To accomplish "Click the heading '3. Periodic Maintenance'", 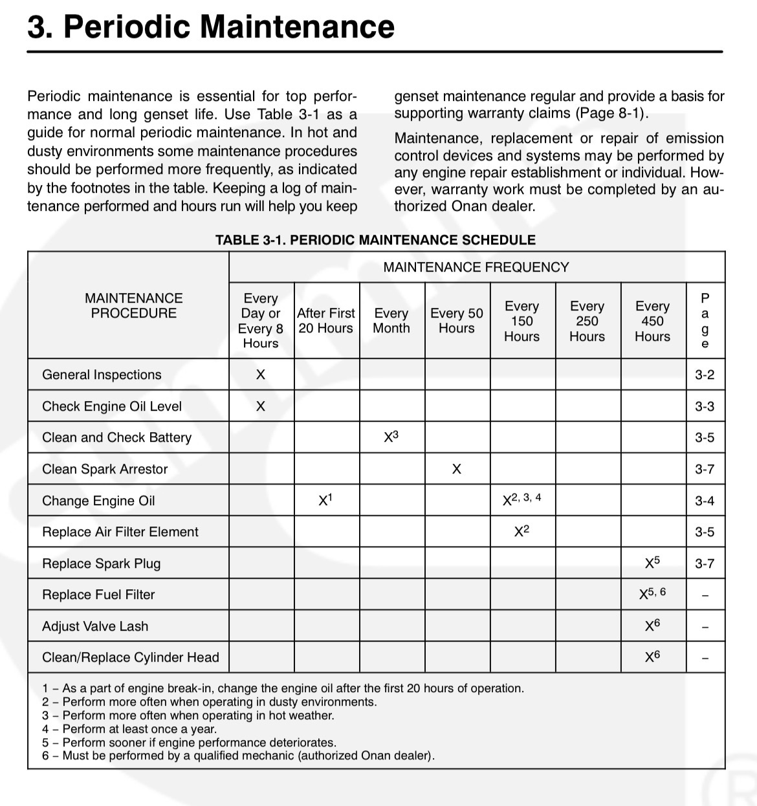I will coord(211,27).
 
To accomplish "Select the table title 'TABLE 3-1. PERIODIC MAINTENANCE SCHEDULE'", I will coord(375,240).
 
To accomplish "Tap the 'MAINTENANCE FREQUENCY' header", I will coord(476,267).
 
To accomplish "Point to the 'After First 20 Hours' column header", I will coord(326,321).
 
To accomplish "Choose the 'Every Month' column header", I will coord(391,321).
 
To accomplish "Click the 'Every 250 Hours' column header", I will coord(587,321).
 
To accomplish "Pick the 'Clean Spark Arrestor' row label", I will coord(105,469).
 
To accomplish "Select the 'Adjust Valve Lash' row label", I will coord(95,626).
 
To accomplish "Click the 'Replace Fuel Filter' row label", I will coord(98,594).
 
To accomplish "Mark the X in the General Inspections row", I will coord(261,375).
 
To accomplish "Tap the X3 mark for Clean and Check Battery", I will coord(391,437).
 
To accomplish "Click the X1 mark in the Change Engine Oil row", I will coord(325,500).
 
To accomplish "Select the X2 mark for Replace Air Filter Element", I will coord(521,532).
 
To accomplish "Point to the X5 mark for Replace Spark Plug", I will coord(652,563).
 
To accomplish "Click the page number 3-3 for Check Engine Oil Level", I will coord(705,406).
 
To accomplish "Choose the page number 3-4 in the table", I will coord(705,501).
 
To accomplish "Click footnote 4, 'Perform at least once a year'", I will coord(129,729).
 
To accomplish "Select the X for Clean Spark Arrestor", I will coord(457,469).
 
